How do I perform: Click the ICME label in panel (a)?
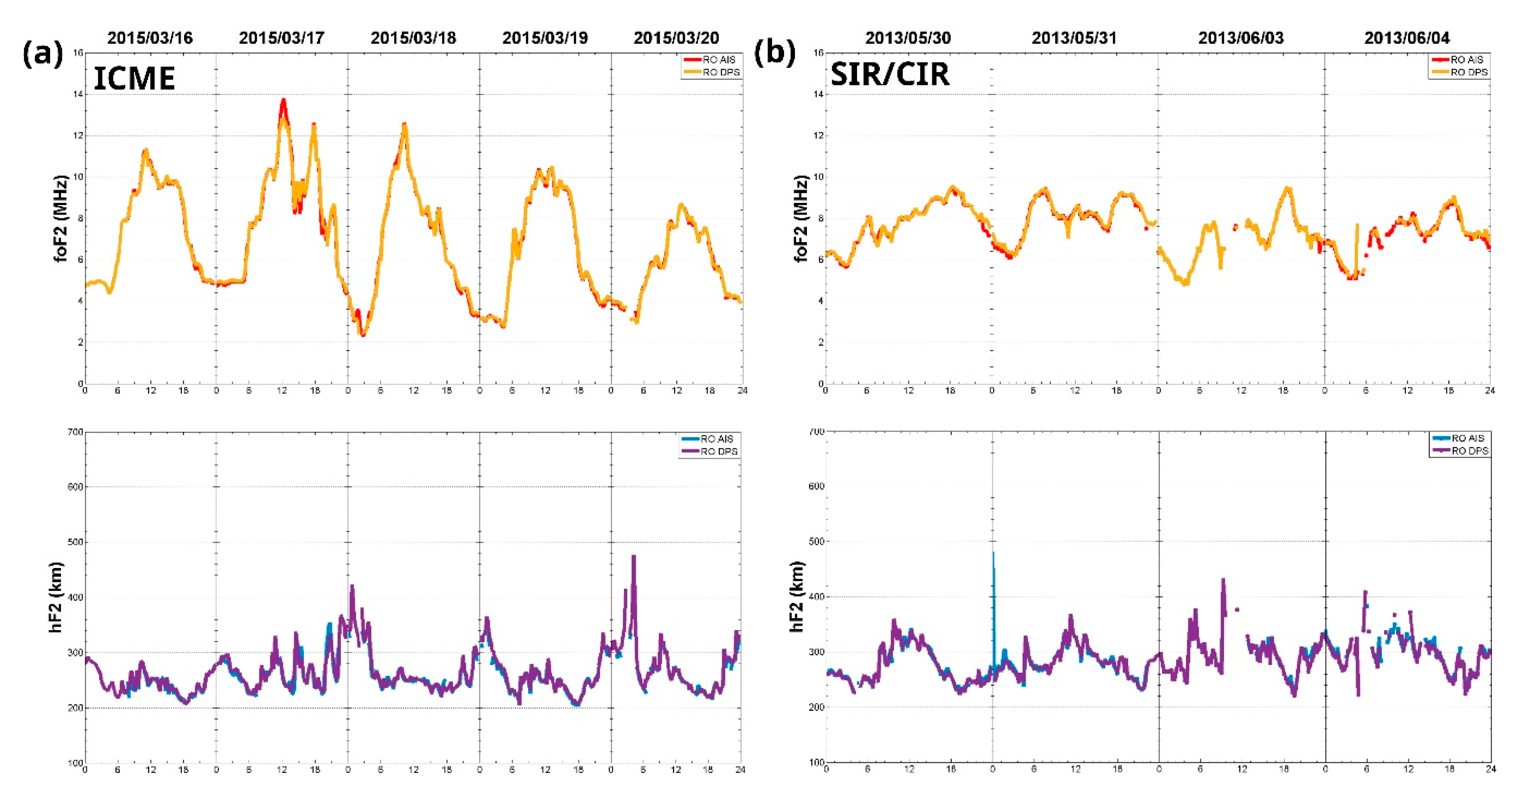coord(134,79)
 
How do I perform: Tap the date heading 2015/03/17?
coord(282,38)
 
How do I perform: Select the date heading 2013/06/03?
coord(1241,38)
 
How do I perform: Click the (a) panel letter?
coord(43,54)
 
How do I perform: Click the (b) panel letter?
coord(774,53)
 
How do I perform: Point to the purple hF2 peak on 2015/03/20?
coord(634,557)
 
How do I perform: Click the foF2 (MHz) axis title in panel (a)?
coord(61,218)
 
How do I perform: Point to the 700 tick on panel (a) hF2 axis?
coord(75,432)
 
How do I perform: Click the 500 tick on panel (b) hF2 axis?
coord(817,541)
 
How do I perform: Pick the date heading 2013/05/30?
coord(908,38)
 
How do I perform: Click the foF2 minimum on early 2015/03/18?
coord(363,335)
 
